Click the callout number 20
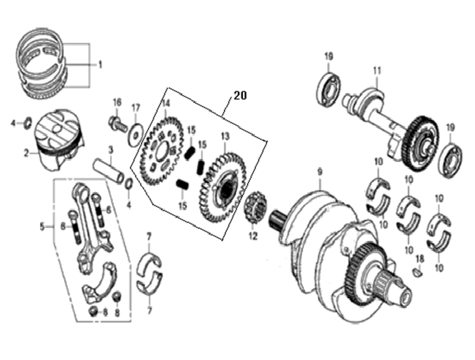point(240,96)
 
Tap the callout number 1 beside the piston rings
point(100,64)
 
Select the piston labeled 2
point(60,140)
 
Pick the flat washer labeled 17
point(135,133)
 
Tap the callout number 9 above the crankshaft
point(319,172)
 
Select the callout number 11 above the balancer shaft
point(377,71)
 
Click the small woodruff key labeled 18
point(418,272)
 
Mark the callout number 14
point(166,104)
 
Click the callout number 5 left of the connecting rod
point(42,226)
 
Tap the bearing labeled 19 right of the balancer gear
point(451,160)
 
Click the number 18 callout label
point(420,259)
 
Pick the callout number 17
point(136,108)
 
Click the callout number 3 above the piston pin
point(111,149)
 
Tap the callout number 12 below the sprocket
point(254,236)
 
